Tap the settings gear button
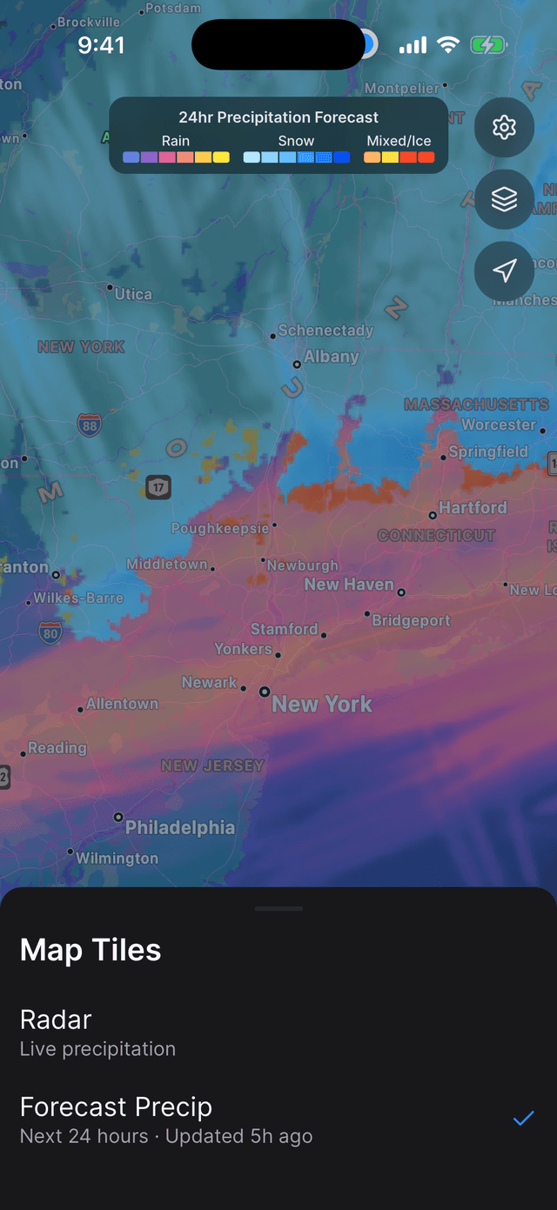(x=504, y=128)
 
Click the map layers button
(x=504, y=199)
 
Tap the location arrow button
(x=504, y=271)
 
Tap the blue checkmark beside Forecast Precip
(x=522, y=1119)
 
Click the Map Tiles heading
(x=91, y=950)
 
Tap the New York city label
(x=321, y=704)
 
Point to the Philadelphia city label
(x=179, y=827)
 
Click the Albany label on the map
(x=331, y=356)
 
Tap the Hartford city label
(x=472, y=507)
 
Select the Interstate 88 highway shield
(x=89, y=425)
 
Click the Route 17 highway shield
(x=158, y=487)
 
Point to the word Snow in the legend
(x=296, y=141)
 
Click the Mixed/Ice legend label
(x=399, y=141)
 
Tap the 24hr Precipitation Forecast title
(x=278, y=117)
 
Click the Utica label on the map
(x=133, y=294)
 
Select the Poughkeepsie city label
(x=220, y=528)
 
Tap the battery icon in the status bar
(x=488, y=44)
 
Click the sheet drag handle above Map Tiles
(x=278, y=908)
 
